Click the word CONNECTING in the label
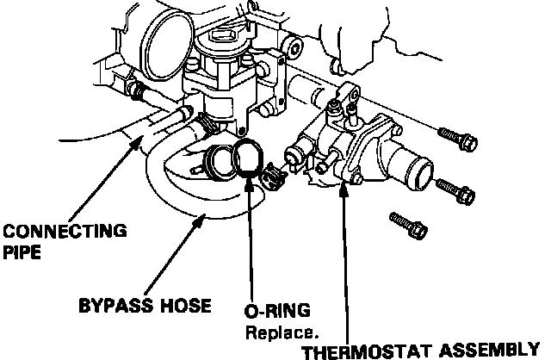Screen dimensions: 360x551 64,231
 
